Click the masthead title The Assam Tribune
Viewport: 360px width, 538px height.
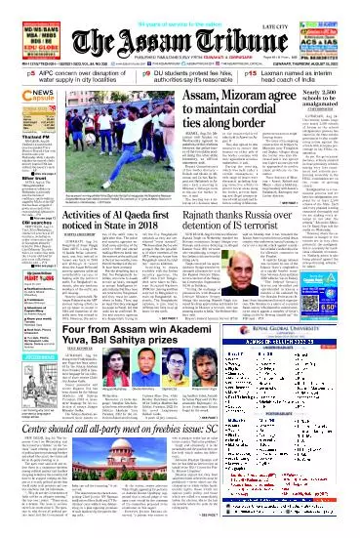(x=180, y=40)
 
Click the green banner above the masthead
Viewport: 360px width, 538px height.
(x=180, y=10)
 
